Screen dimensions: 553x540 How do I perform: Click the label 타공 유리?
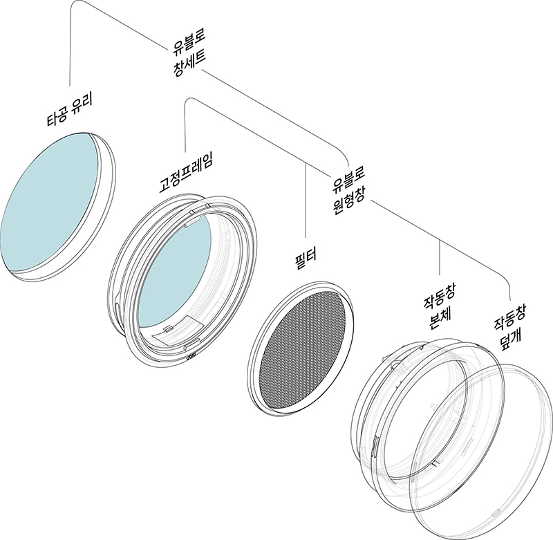click(70, 111)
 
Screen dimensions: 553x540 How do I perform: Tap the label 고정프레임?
click(186, 173)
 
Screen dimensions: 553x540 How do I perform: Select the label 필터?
click(306, 259)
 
